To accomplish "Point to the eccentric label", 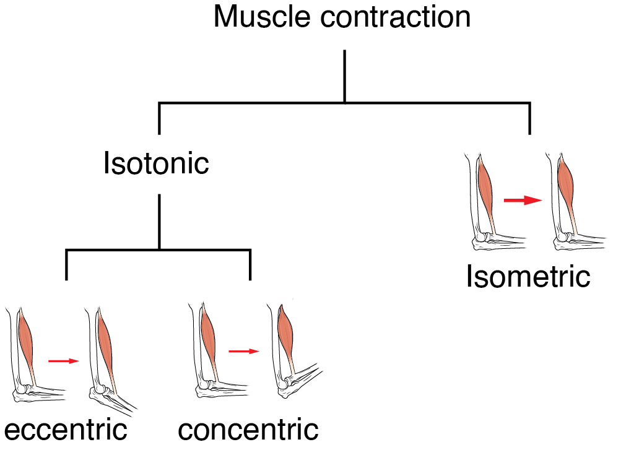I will click(66, 429).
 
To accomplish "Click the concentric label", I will click(248, 429).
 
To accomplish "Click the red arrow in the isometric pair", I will click(522, 201).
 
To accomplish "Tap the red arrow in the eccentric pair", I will click(64, 360).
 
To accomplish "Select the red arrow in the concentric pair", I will click(243, 351).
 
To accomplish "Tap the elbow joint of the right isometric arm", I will click(563, 238).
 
